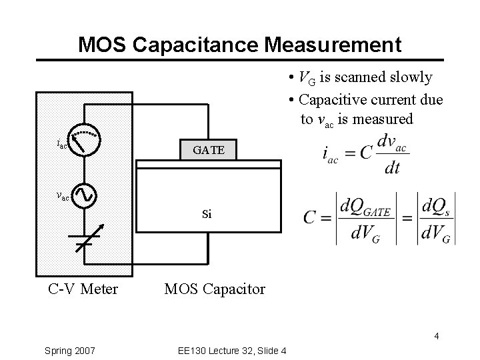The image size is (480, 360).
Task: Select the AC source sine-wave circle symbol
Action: [x=86, y=195]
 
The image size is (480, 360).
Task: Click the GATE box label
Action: [x=208, y=151]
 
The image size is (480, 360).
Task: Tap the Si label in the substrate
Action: [x=207, y=215]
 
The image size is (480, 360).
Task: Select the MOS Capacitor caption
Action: [x=215, y=289]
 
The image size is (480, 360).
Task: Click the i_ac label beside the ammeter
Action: [x=61, y=144]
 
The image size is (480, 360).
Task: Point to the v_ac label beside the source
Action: [x=63, y=196]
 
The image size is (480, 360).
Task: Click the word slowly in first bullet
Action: [x=409, y=78]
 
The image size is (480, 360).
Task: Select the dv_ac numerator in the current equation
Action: [x=393, y=143]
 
